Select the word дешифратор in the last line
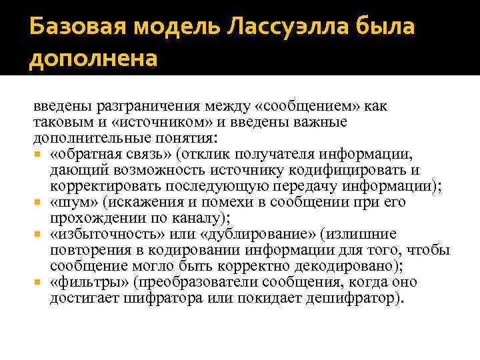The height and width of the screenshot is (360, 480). [x=353, y=298]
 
